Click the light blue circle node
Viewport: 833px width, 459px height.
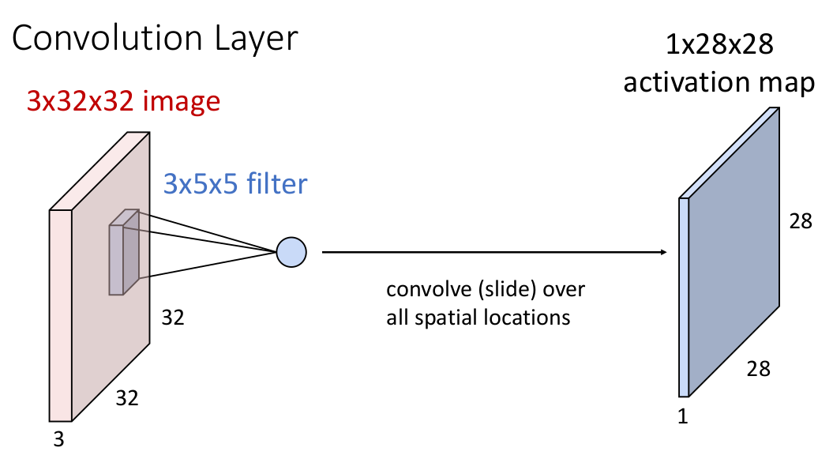pyautogui.click(x=291, y=252)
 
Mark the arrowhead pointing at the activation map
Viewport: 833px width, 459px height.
pyautogui.click(x=662, y=252)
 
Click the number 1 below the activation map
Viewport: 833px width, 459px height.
pyautogui.click(x=683, y=416)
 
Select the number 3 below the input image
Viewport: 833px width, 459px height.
pyautogui.click(x=58, y=439)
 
